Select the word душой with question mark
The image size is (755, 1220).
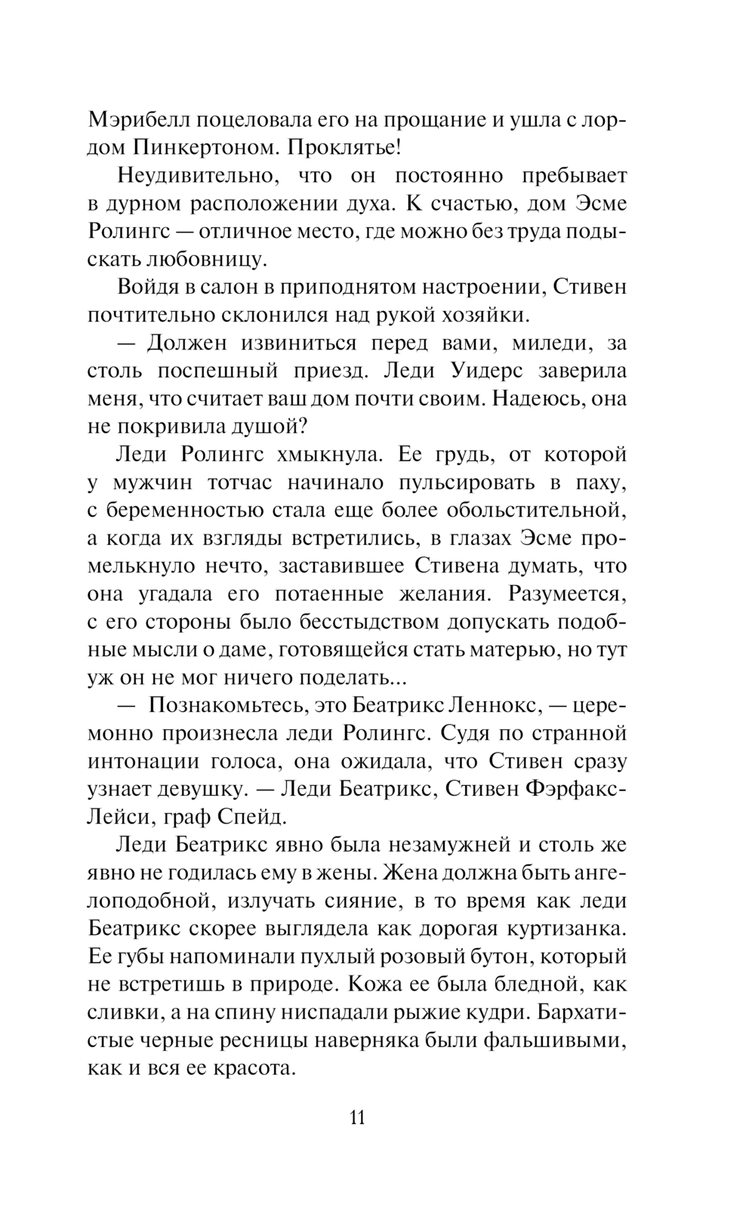tap(268, 427)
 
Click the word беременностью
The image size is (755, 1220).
tap(190, 510)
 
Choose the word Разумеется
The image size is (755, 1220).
tap(567, 593)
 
